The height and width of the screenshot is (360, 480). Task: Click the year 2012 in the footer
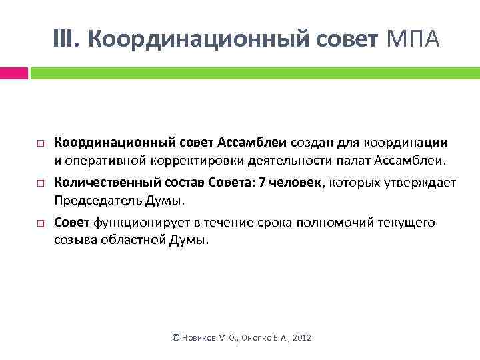point(301,339)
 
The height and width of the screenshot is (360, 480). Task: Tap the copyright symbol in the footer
point(176,339)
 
